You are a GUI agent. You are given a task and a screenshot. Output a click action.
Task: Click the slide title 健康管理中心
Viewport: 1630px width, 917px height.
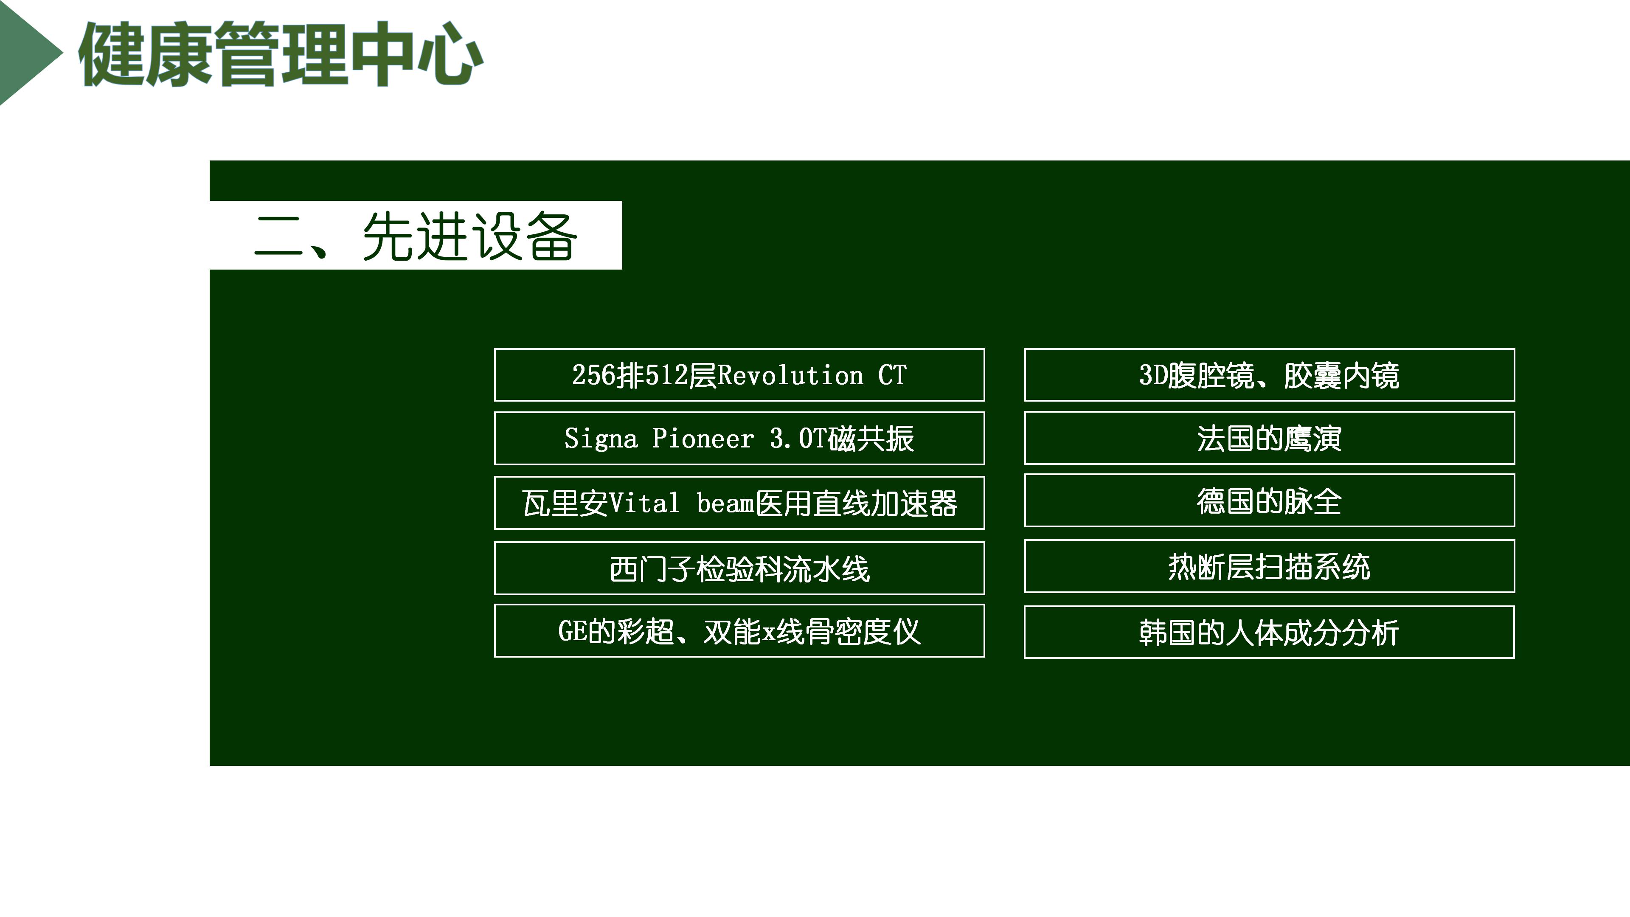tap(281, 54)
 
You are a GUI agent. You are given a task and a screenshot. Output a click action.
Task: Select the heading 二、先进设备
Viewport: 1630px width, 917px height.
tap(416, 236)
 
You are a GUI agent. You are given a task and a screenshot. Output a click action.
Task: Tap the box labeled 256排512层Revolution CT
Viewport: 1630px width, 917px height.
tap(739, 374)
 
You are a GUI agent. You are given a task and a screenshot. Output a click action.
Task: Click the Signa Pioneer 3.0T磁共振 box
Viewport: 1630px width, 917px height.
tap(739, 438)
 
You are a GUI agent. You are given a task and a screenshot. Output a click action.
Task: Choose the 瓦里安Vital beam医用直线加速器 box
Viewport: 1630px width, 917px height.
tap(739, 503)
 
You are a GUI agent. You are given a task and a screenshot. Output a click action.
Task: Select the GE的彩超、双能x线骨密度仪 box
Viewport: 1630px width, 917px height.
tap(739, 631)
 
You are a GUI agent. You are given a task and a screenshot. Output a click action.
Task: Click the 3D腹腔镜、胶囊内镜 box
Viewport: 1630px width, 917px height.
tap(1269, 374)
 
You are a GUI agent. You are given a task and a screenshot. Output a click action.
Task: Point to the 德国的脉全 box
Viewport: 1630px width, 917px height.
tap(1269, 501)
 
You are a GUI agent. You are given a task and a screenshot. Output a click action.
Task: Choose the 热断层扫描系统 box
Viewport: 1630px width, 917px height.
tap(1269, 566)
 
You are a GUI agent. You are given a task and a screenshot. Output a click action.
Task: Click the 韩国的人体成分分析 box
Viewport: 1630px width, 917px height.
tap(1269, 632)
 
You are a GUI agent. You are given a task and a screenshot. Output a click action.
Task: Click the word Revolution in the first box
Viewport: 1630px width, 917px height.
tap(790, 375)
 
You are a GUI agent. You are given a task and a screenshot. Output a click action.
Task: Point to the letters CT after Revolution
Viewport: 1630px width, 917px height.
tap(892, 375)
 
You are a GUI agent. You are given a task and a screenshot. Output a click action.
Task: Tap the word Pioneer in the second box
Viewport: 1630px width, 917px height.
tap(703, 438)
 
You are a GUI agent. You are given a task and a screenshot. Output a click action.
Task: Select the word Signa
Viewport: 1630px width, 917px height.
tap(601, 439)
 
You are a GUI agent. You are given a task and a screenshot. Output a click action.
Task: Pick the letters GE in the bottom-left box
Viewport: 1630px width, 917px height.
tap(573, 631)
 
